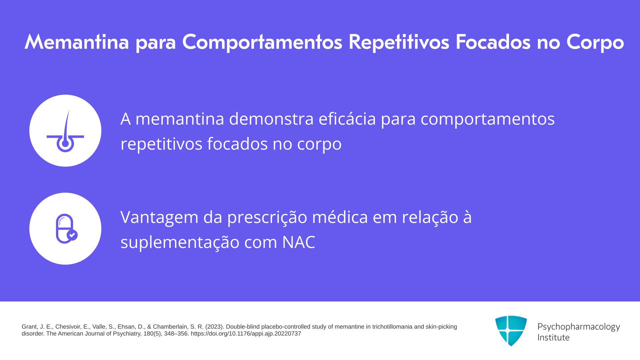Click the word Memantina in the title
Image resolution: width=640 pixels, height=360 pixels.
tap(77, 42)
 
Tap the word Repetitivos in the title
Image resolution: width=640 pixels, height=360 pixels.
tap(399, 42)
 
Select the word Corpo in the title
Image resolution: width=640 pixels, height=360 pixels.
tap(595, 42)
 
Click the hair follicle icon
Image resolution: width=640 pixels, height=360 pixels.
tap(65, 131)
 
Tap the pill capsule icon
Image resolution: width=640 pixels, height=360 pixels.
tap(66, 229)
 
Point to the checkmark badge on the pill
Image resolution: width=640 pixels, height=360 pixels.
tap(72, 235)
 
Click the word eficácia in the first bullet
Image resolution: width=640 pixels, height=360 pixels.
tap(347, 118)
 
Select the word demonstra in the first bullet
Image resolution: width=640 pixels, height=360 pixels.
tap(271, 119)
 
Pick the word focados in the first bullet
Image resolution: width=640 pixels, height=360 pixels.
tap(237, 144)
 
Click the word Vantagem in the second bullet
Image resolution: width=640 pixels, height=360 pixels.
tap(159, 217)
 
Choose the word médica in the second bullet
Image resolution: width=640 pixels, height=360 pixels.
tap(340, 217)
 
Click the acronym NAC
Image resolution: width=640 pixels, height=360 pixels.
tap(298, 242)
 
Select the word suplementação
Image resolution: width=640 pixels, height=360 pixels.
tap(180, 242)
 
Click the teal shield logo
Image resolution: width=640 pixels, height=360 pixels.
tap(511, 331)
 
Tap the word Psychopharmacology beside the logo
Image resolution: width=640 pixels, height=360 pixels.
tap(579, 327)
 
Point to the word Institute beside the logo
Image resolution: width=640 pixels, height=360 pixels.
tap(553, 337)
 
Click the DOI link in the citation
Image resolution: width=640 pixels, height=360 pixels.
tap(246, 334)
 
